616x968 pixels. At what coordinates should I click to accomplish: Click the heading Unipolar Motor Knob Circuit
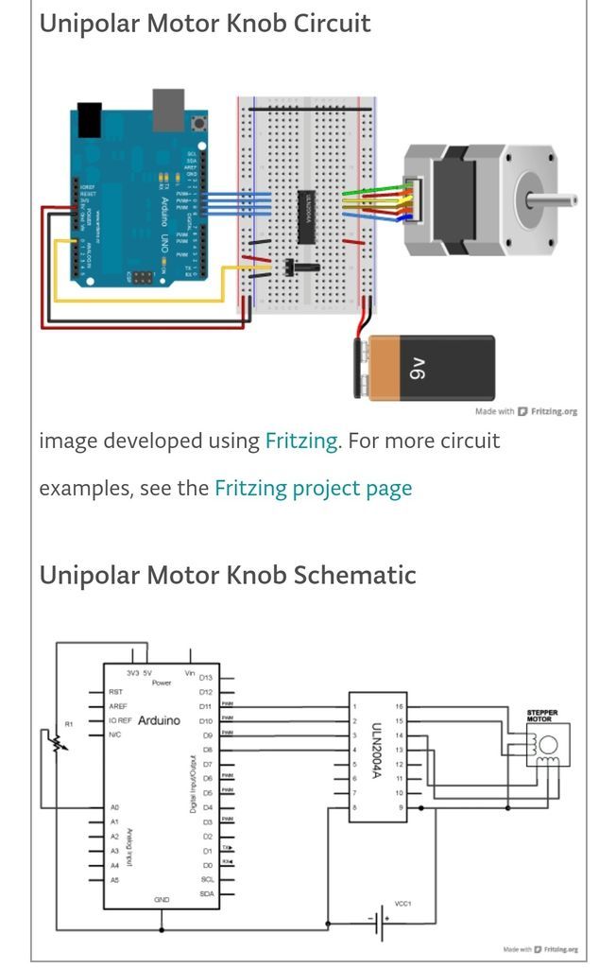coord(205,23)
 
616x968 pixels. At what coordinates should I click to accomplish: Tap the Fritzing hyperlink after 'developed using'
coord(301,441)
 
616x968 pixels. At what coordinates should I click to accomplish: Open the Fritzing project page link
coord(313,489)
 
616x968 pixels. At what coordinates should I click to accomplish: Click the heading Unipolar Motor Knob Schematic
coord(228,575)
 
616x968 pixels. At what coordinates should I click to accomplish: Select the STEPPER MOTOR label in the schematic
coord(542,715)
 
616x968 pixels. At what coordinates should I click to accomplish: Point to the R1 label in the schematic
coord(68,724)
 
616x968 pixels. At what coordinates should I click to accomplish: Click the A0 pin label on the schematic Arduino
coord(115,808)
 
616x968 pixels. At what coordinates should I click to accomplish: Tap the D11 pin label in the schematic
coord(206,706)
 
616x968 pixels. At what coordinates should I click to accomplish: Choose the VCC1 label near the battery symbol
coord(402,903)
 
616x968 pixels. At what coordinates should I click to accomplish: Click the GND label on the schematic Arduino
coord(162,900)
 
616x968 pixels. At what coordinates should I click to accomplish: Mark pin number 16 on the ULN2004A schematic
coord(399,706)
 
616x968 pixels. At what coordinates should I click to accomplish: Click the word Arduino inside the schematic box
coord(159,720)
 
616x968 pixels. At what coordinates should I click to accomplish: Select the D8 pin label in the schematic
coord(206,750)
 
